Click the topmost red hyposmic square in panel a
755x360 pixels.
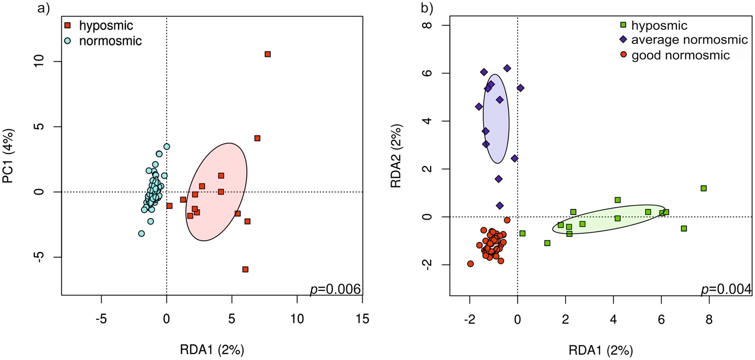coord(268,54)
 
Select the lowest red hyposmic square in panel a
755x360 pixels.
coord(245,269)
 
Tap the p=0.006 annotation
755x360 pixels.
coord(335,289)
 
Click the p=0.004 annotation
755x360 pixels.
coord(726,289)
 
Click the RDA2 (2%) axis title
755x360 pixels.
coord(396,156)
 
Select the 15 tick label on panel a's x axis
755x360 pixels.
coord(362,319)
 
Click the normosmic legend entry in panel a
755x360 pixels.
coord(110,41)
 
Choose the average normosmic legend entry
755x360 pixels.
coord(689,40)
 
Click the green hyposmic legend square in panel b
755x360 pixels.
coord(623,25)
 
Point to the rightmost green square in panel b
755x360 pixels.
coord(703,188)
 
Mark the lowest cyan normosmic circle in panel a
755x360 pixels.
coord(141,233)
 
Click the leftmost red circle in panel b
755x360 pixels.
coord(470,263)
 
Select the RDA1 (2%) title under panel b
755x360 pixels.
coord(600,350)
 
